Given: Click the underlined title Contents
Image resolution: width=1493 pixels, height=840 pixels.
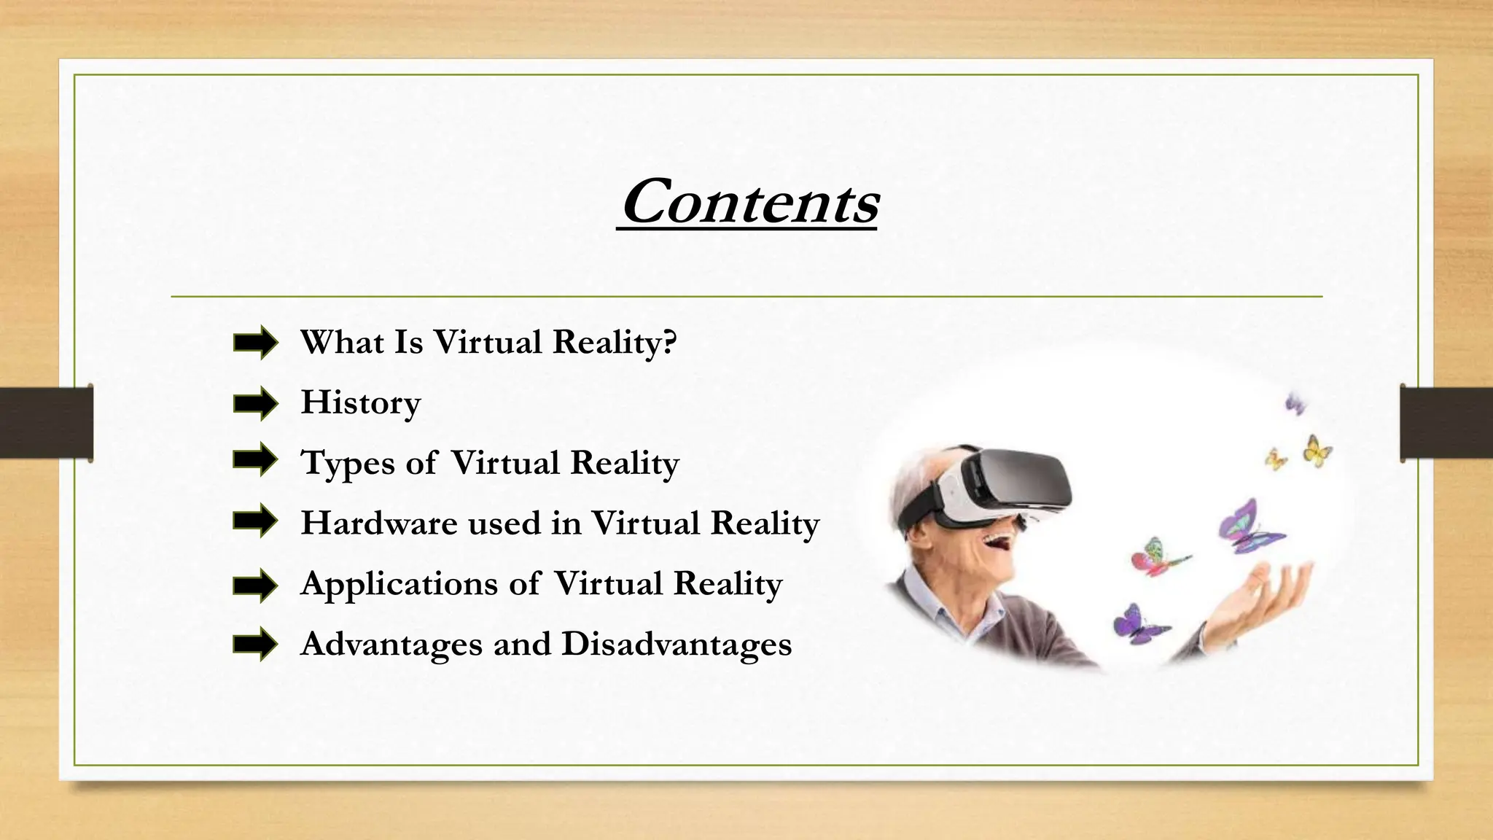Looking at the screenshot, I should coord(748,202).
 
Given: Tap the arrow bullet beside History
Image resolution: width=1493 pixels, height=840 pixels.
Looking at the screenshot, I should coord(255,403).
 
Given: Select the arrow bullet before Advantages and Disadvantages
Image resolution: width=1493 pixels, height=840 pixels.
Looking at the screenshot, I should coord(255,645).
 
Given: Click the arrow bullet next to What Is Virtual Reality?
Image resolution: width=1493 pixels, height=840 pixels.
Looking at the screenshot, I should coord(255,343).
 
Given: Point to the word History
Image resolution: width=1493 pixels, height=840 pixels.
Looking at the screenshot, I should coord(361,403).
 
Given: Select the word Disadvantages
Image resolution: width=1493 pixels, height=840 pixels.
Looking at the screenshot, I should coord(677,645).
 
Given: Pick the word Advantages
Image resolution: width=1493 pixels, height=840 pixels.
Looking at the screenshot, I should coord(391,645).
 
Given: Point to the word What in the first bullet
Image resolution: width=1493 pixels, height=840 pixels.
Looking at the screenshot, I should coord(342,343).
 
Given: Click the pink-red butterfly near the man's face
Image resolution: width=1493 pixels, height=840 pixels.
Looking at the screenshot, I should coord(1152,558).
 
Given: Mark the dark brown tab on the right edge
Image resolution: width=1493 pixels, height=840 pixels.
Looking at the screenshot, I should coord(1446,423).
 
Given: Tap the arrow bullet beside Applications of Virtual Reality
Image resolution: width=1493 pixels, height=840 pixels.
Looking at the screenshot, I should coord(255,585).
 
